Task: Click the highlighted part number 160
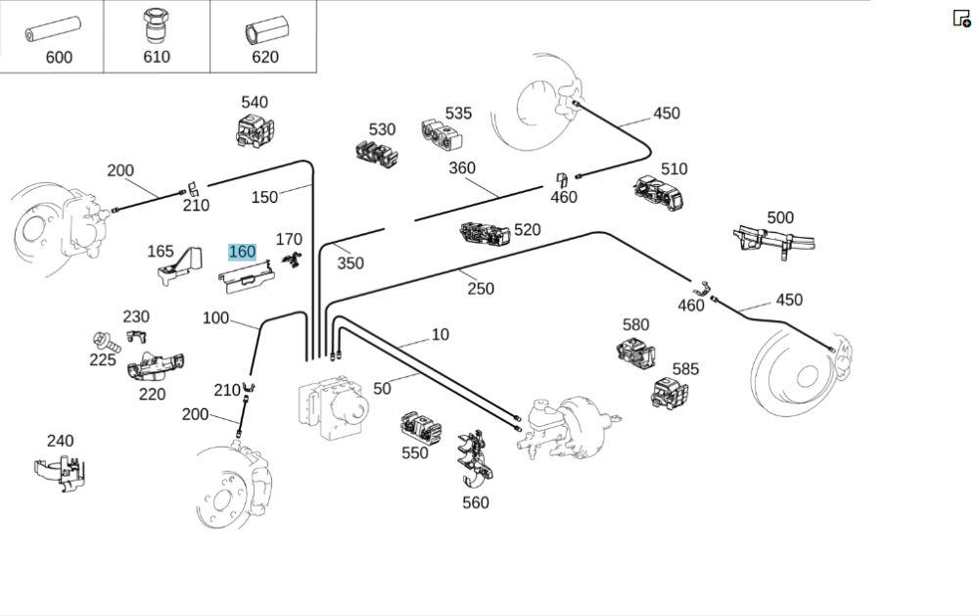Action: [242, 252]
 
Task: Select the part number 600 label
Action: [59, 57]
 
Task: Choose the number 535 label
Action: [458, 113]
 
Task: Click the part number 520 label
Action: [527, 229]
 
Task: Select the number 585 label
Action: [685, 369]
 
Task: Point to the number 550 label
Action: [415, 453]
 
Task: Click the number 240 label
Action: [60, 441]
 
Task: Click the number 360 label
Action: [462, 167]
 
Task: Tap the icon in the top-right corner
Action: [961, 18]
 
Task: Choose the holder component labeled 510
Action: [661, 193]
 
